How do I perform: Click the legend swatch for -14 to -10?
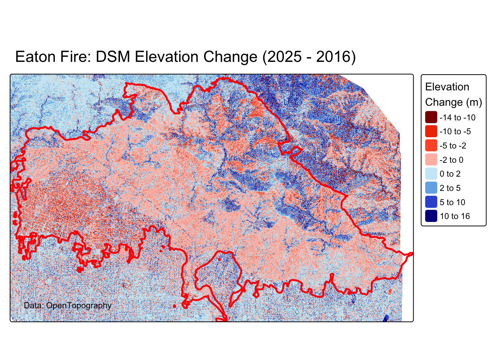[x=431, y=117]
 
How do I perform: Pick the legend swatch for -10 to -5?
[x=431, y=131]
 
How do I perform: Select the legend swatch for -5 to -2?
[x=431, y=145]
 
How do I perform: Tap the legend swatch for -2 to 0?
[x=431, y=160]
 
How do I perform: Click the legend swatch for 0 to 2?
[x=431, y=174]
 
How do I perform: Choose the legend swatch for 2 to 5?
[x=431, y=188]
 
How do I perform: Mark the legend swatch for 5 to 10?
[x=431, y=202]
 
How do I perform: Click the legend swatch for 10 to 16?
[x=431, y=216]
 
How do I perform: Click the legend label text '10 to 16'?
[x=454, y=216]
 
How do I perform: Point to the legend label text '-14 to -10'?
[x=457, y=118]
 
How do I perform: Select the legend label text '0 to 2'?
[x=450, y=174]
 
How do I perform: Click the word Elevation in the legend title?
[x=447, y=87]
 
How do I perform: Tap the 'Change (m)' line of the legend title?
[x=453, y=102]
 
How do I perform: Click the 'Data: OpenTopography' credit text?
[x=67, y=306]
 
